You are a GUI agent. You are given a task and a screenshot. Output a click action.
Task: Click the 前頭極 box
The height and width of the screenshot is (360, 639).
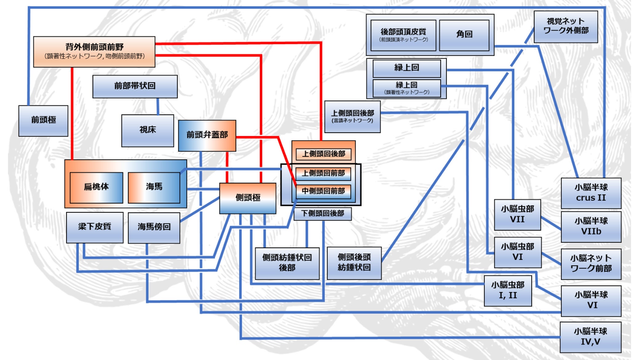click(x=43, y=121)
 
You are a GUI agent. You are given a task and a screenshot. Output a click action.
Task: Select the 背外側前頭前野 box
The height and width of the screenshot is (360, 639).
click(x=94, y=51)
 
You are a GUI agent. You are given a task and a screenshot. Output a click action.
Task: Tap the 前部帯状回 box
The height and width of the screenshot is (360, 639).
click(x=135, y=86)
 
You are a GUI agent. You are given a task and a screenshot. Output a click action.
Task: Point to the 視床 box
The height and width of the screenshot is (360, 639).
click(x=148, y=130)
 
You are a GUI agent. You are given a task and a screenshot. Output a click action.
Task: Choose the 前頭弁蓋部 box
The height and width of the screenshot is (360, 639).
click(x=207, y=135)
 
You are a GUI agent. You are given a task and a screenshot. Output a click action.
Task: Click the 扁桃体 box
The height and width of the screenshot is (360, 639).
click(x=96, y=187)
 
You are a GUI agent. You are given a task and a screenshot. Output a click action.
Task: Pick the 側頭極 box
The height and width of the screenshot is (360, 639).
click(x=247, y=198)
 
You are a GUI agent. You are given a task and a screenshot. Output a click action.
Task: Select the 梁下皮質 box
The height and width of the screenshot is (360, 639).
click(x=94, y=227)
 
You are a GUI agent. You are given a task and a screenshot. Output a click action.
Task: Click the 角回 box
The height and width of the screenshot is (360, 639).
click(x=464, y=35)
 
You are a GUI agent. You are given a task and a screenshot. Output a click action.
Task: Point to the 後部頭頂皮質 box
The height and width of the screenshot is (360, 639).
click(x=403, y=35)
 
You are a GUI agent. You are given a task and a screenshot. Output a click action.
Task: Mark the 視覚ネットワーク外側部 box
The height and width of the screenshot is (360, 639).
click(x=566, y=26)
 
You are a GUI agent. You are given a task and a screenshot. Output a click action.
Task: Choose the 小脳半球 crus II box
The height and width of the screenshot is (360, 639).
click(x=591, y=193)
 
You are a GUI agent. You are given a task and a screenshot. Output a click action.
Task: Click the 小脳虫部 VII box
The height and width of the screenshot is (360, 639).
click(x=517, y=214)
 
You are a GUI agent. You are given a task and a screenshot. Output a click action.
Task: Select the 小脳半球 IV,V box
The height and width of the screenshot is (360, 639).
click(x=590, y=337)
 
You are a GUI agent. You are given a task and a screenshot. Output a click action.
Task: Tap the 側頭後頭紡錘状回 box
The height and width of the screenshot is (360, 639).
click(x=354, y=263)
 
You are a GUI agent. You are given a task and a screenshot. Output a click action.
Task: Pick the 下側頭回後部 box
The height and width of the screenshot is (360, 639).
click(x=322, y=214)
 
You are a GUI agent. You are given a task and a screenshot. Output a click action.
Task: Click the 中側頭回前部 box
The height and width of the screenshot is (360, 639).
click(x=323, y=191)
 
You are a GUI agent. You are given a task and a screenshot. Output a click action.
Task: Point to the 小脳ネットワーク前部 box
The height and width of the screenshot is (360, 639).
click(x=591, y=264)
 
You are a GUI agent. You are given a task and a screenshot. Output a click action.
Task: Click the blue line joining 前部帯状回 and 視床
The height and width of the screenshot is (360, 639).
click(x=158, y=106)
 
